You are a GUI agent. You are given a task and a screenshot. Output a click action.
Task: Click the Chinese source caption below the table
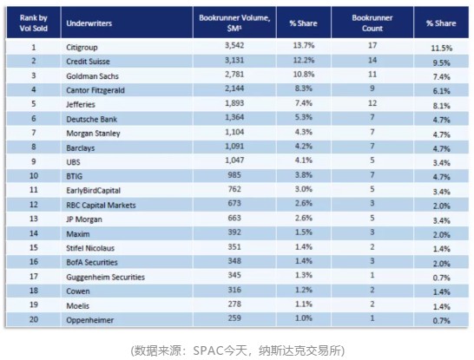coord(237,350)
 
